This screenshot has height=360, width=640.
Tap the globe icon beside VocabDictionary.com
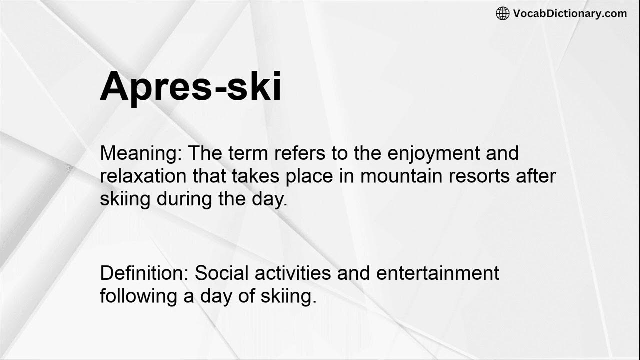tap(502, 13)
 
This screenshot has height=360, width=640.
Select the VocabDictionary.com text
tap(569, 13)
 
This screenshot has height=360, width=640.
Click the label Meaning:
tap(141, 153)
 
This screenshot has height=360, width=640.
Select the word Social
tap(220, 273)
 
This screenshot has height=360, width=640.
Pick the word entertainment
tap(437, 273)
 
